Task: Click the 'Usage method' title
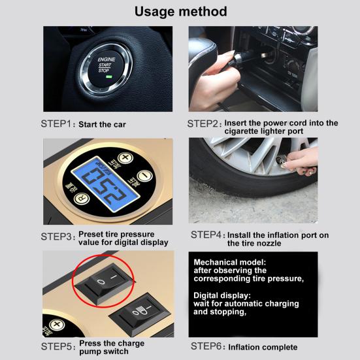[180, 11]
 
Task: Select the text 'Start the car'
[103, 124]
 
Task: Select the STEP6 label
[207, 347]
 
